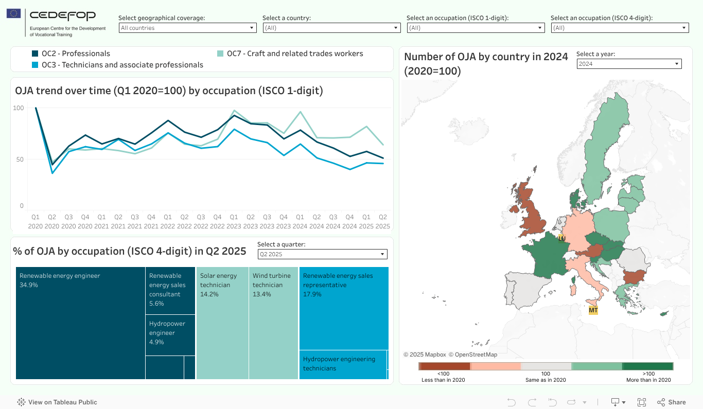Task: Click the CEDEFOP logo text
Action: (62, 16)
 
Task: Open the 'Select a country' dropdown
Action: (331, 28)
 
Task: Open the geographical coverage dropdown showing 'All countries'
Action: (187, 28)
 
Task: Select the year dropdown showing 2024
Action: (628, 64)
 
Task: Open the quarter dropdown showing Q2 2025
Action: (322, 254)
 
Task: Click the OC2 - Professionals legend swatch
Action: (36, 54)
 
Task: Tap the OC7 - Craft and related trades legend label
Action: (295, 54)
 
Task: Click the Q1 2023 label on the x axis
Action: (234, 221)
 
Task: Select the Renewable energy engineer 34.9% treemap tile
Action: (80, 323)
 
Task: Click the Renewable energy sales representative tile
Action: (344, 308)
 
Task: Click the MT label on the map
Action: (593, 310)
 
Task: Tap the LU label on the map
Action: (561, 238)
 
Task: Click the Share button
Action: (671, 402)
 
